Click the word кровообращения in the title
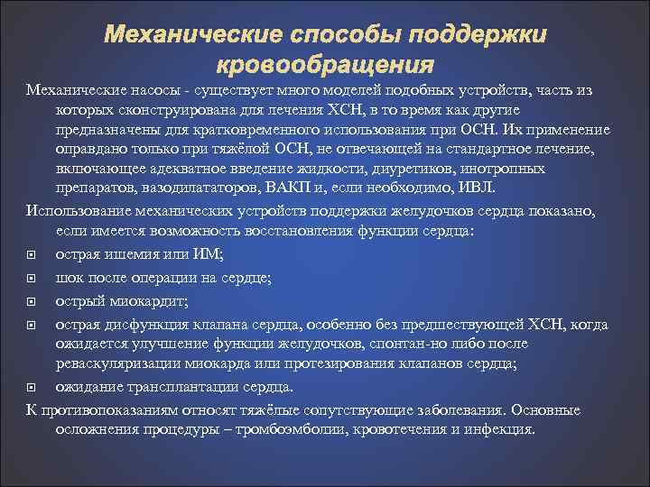coord(325,66)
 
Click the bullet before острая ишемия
coord(32,255)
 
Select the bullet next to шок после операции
coord(32,277)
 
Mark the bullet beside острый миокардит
coord(32,300)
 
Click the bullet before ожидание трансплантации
coord(32,389)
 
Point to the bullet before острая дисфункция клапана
coord(32,324)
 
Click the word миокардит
coord(144,299)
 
